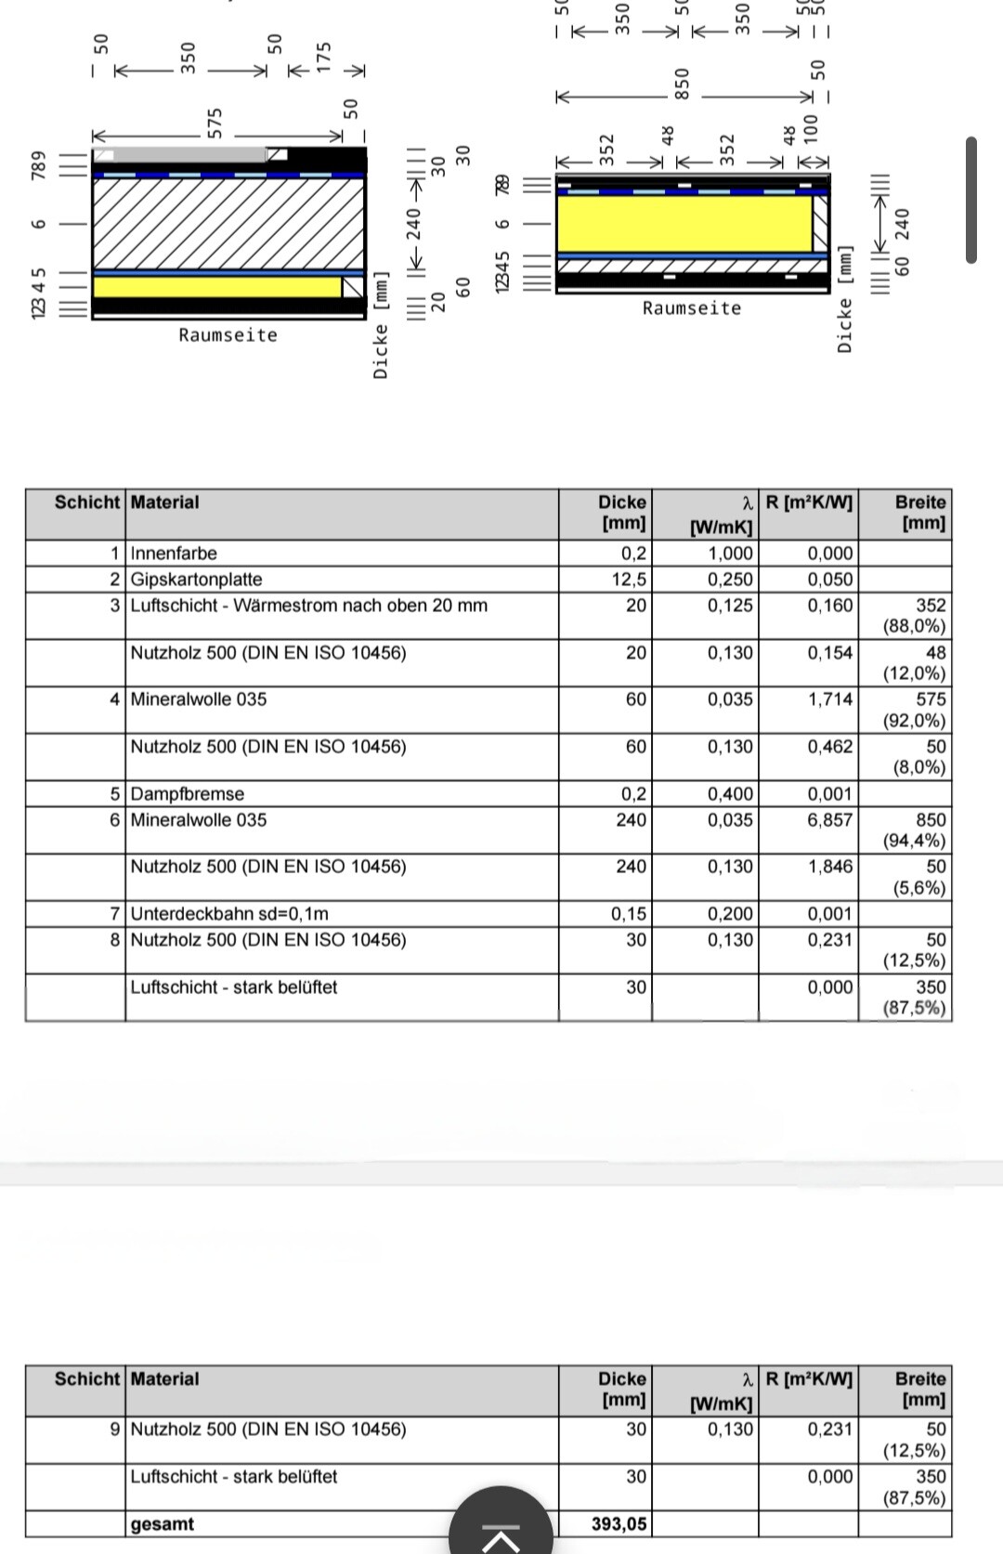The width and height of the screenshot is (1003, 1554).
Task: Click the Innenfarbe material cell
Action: coord(174,554)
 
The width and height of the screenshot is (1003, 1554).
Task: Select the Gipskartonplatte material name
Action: coord(196,580)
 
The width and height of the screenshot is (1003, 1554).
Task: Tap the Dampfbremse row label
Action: coord(187,794)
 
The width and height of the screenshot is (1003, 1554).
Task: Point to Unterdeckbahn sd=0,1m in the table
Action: coord(229,914)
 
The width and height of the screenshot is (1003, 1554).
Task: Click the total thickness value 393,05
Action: coord(619,1524)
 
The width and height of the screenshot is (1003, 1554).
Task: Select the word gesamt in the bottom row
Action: coord(163,1524)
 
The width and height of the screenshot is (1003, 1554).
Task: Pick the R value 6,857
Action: coord(829,820)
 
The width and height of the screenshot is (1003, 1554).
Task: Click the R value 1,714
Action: coord(829,699)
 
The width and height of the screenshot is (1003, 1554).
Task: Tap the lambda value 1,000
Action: coord(730,554)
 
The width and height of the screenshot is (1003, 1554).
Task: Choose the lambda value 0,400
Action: coord(730,794)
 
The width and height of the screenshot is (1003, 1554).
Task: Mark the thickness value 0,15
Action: coord(629,914)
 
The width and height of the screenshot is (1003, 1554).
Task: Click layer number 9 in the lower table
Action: coord(115,1430)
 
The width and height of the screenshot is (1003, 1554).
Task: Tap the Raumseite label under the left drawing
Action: coord(228,335)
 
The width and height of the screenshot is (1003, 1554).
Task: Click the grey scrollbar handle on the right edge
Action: coord(971,200)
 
